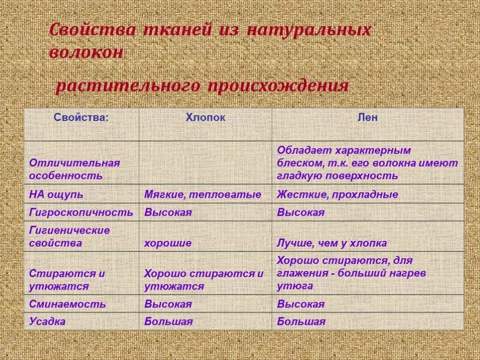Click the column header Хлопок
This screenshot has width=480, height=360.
pyautogui.click(x=205, y=118)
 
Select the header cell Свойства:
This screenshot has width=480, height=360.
pyautogui.click(x=81, y=118)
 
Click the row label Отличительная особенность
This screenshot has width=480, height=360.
pyautogui.click(x=75, y=169)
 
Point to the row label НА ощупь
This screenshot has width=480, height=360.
pyautogui.click(x=56, y=195)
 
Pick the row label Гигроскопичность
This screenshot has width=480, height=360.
pyautogui.click(x=81, y=212)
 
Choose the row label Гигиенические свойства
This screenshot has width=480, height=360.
pyautogui.click(x=69, y=237)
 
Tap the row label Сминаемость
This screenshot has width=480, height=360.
pyautogui.click(x=67, y=304)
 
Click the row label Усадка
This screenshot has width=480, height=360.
pyautogui.click(x=47, y=322)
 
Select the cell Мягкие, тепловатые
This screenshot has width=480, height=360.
pyautogui.click(x=202, y=195)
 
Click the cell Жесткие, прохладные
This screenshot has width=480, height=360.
pyautogui.click(x=337, y=195)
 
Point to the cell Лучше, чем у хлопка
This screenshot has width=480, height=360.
pyautogui.click(x=331, y=243)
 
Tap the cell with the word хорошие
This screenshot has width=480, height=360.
pyautogui.click(x=167, y=243)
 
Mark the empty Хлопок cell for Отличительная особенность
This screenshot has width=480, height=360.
pyautogui.click(x=205, y=163)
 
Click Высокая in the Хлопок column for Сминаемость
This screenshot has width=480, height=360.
pyautogui.click(x=168, y=304)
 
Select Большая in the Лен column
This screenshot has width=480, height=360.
pyautogui.click(x=301, y=322)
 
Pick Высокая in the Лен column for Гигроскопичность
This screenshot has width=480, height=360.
pyautogui.click(x=300, y=212)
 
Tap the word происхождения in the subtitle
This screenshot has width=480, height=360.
pyautogui.click(x=276, y=86)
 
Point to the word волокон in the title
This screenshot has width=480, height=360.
pyautogui.click(x=86, y=52)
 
